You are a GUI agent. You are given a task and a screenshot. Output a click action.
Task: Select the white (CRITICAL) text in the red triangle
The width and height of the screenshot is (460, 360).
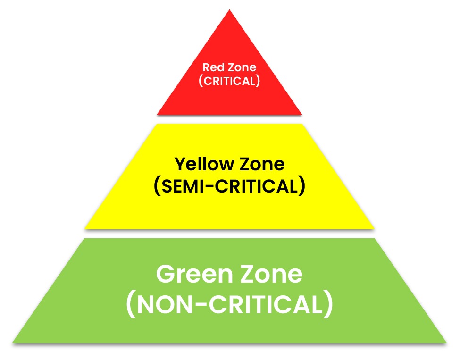(x=229, y=81)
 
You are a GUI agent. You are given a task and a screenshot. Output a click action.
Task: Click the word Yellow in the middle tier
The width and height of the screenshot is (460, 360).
(x=204, y=164)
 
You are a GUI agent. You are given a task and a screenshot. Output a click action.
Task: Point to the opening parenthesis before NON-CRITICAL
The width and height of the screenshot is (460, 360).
(x=131, y=305)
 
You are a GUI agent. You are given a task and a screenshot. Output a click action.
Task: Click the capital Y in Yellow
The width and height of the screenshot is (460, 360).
(x=180, y=164)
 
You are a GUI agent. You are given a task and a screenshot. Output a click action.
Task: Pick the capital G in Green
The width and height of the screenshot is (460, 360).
(x=166, y=274)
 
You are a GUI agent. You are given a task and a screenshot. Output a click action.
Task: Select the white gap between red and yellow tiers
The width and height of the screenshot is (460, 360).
(x=229, y=119)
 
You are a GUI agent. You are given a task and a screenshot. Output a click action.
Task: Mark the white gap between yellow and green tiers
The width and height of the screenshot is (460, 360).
(x=229, y=234)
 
